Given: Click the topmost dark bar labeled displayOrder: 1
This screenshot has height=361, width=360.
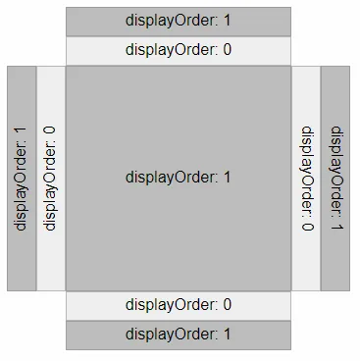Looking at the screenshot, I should point(179,22).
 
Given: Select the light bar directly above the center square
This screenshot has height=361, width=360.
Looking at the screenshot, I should point(179,51).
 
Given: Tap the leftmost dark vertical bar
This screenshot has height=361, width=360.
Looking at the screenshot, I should point(22,179).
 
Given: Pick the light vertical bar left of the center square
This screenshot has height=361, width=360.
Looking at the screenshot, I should point(51,179).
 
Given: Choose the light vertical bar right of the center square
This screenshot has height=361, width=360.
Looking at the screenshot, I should point(306,179).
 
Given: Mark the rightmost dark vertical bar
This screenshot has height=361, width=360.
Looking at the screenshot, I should point(335,179).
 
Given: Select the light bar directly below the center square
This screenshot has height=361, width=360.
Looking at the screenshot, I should point(179,305).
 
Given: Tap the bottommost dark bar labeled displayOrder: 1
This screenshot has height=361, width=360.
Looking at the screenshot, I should point(179,335).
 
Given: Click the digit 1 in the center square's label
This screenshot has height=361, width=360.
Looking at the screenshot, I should point(227,178).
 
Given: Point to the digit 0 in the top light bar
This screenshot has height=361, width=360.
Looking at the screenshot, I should point(227,50).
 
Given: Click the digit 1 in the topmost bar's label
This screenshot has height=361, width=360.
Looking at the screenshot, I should point(227,21).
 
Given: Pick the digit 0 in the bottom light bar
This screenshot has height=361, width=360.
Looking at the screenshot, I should point(227,305).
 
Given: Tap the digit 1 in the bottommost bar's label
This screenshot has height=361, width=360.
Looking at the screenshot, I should point(227,335).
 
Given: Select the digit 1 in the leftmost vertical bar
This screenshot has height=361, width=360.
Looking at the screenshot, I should point(21,130).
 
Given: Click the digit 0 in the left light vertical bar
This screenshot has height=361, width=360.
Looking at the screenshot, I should point(50,130).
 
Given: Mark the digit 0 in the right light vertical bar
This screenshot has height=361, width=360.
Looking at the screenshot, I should point(307,227).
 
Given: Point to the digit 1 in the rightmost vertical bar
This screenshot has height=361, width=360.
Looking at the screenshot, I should point(336,227).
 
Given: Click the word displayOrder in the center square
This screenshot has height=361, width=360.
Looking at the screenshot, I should point(170,178).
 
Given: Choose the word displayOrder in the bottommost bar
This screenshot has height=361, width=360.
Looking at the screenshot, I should point(170,335).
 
